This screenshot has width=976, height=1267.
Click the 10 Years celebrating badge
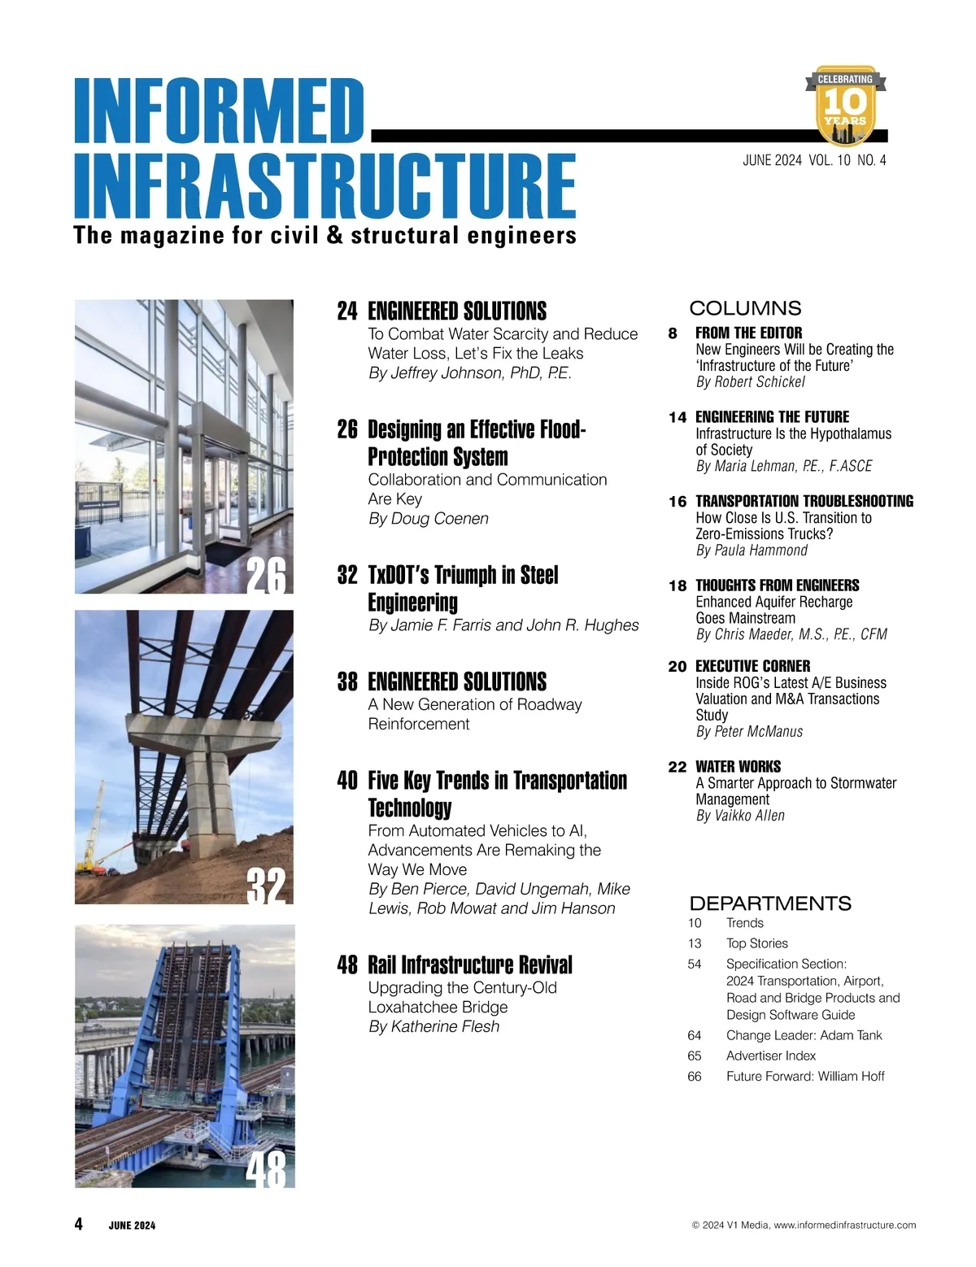pyautogui.click(x=845, y=107)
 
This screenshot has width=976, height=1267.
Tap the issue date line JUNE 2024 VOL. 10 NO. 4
pyautogui.click(x=814, y=160)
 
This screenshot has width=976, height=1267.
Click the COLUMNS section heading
pyautogui.click(x=745, y=308)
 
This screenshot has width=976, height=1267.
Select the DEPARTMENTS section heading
pyautogui.click(x=770, y=903)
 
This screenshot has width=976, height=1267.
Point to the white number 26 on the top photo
pyautogui.click(x=266, y=577)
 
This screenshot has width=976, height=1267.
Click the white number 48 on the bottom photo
pyautogui.click(x=266, y=1170)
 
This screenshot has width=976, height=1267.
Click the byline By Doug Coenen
pyautogui.click(x=429, y=519)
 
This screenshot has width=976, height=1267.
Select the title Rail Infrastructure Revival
pyautogui.click(x=470, y=965)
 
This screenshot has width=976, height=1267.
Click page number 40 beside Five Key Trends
pyautogui.click(x=347, y=781)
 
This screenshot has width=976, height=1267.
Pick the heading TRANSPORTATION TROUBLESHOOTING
pyautogui.click(x=804, y=501)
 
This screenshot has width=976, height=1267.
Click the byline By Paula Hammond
pyautogui.click(x=752, y=551)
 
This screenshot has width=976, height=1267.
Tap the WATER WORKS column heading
pyautogui.click(x=738, y=766)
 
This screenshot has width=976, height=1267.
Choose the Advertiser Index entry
pyautogui.click(x=771, y=1056)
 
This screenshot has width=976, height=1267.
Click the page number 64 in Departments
pyautogui.click(x=695, y=1035)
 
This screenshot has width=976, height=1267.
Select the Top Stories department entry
pyautogui.click(x=757, y=943)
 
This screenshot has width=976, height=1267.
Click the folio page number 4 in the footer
pyautogui.click(x=78, y=1224)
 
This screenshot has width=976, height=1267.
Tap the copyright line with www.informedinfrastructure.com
pyautogui.click(x=804, y=1225)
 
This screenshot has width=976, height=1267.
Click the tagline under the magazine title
pyautogui.click(x=325, y=236)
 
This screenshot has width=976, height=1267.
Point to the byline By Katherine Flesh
pyautogui.click(x=434, y=1027)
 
